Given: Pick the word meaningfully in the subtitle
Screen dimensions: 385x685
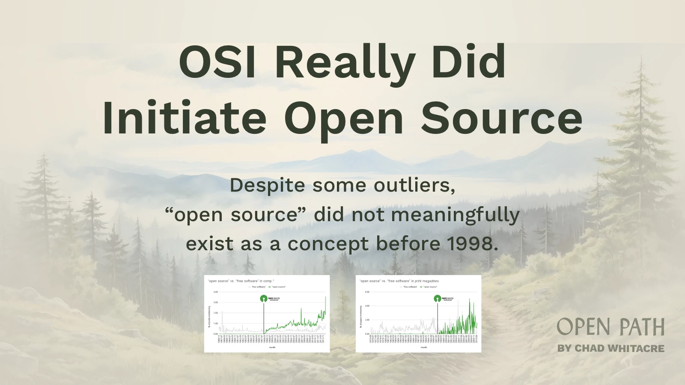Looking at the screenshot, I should pyautogui.click(x=455, y=215).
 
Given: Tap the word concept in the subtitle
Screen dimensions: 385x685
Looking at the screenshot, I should pyautogui.click(x=328, y=244).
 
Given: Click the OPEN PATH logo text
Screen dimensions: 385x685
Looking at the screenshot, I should pyautogui.click(x=611, y=328).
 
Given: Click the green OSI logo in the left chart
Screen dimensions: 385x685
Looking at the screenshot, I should pyautogui.click(x=264, y=299).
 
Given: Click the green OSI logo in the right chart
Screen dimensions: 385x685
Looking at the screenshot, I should pyautogui.click(x=437, y=299).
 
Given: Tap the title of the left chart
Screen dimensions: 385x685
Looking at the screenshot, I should pyautogui.click(x=241, y=281).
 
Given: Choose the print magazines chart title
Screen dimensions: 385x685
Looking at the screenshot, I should pyautogui.click(x=399, y=281).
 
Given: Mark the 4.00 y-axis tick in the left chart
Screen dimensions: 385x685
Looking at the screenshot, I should pyautogui.click(x=215, y=292).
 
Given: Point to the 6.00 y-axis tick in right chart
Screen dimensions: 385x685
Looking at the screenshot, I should pyautogui.click(x=367, y=292).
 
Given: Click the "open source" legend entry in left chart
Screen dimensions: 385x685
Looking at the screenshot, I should pyautogui.click(x=278, y=287).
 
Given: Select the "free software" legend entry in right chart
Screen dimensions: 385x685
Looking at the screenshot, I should pyautogui.click(x=410, y=287).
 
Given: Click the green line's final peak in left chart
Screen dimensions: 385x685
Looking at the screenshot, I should pyautogui.click(x=326, y=297).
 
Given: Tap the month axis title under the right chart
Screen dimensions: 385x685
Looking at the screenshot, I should pyautogui.click(x=423, y=347).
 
